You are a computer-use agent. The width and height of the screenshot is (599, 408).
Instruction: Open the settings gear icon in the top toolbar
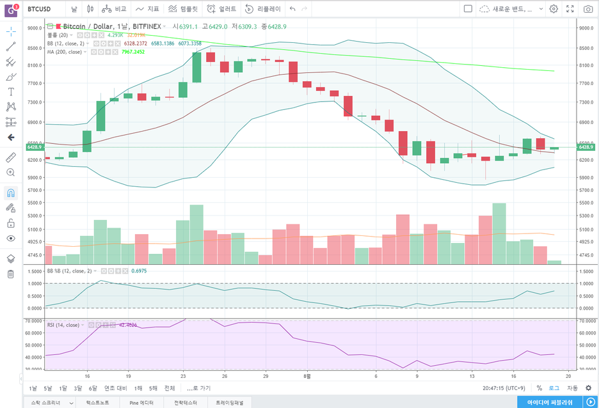pos(554,9)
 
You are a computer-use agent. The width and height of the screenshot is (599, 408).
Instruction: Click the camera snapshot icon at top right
pos(587,9)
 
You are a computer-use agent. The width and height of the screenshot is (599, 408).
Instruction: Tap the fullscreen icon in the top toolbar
pos(570,9)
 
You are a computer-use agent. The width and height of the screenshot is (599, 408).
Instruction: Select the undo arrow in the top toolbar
pos(292,9)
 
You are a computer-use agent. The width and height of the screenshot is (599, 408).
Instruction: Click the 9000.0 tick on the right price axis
pos(587,28)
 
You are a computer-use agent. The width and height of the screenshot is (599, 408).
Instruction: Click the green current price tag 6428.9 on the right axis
pos(587,147)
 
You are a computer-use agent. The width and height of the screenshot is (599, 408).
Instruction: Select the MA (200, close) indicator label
pos(65,52)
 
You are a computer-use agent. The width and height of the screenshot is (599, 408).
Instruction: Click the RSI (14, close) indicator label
pos(63,325)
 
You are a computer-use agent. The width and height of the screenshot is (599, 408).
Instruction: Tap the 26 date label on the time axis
pos(224,377)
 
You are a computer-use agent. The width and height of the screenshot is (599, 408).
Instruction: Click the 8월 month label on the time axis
pos(307,377)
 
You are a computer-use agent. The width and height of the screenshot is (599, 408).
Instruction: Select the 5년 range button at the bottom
pos(48,388)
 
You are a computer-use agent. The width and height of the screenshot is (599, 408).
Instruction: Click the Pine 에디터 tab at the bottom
pos(141,403)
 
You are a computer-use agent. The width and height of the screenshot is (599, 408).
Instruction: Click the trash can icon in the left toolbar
pos(10,274)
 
